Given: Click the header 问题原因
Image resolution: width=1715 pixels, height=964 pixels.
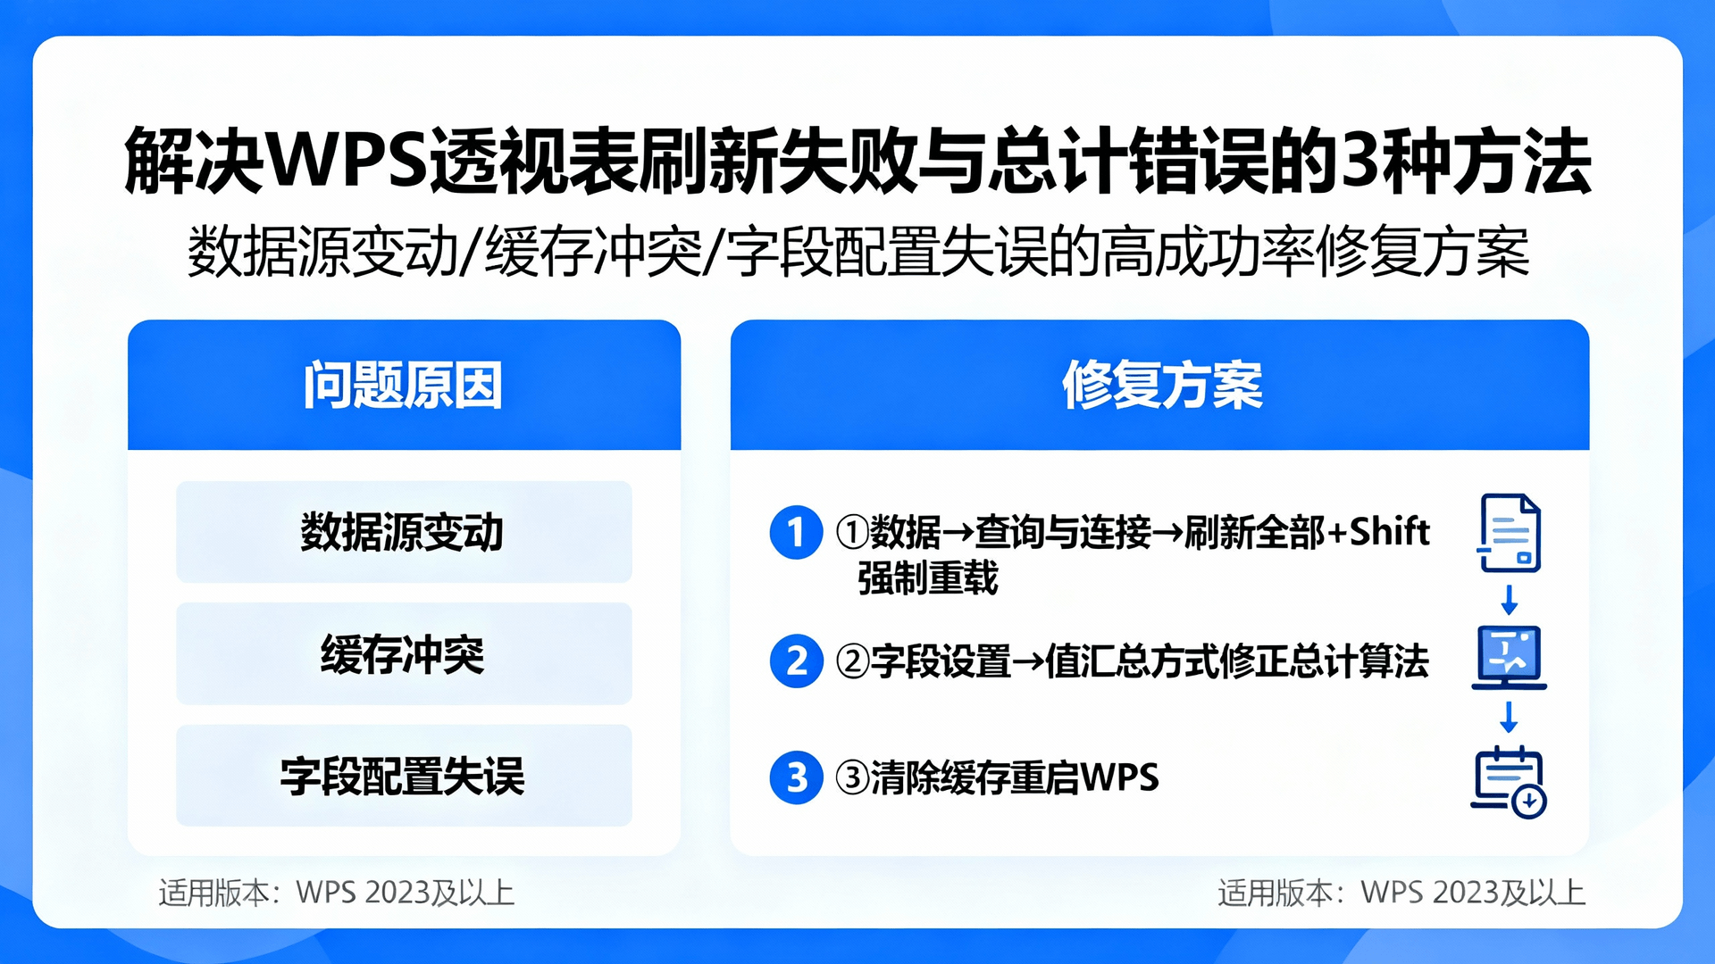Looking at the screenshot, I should click(x=403, y=386).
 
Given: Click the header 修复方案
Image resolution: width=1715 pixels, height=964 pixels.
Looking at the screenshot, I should click(x=1161, y=386).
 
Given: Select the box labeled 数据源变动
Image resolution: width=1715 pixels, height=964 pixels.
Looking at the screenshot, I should click(x=404, y=532).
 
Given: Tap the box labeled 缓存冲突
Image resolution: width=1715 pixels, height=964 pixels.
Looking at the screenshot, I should click(x=404, y=654).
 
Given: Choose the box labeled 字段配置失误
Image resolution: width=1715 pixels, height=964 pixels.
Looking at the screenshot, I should click(x=404, y=776).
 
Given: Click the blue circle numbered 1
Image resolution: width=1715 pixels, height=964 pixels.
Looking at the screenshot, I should click(x=796, y=533).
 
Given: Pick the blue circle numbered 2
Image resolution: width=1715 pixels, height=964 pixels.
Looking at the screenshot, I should click(x=796, y=661).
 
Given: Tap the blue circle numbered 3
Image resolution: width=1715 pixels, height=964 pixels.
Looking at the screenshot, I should click(x=796, y=777).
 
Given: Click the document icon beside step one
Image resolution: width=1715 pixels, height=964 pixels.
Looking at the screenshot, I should click(x=1510, y=533).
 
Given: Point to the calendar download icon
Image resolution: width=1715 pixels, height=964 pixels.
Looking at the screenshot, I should click(x=1510, y=782).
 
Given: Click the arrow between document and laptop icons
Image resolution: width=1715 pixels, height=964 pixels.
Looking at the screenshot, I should click(x=1510, y=600).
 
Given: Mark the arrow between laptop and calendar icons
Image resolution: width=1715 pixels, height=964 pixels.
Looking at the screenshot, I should click(x=1510, y=717).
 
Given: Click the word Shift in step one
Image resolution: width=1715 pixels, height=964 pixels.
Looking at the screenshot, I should click(x=1389, y=532).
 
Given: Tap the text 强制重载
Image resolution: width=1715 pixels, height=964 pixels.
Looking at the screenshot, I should click(x=927, y=578).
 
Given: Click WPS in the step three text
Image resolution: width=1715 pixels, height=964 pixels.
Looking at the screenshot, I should click(x=1119, y=777).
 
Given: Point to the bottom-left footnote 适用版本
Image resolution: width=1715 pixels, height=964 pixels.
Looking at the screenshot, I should click(x=213, y=893).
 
